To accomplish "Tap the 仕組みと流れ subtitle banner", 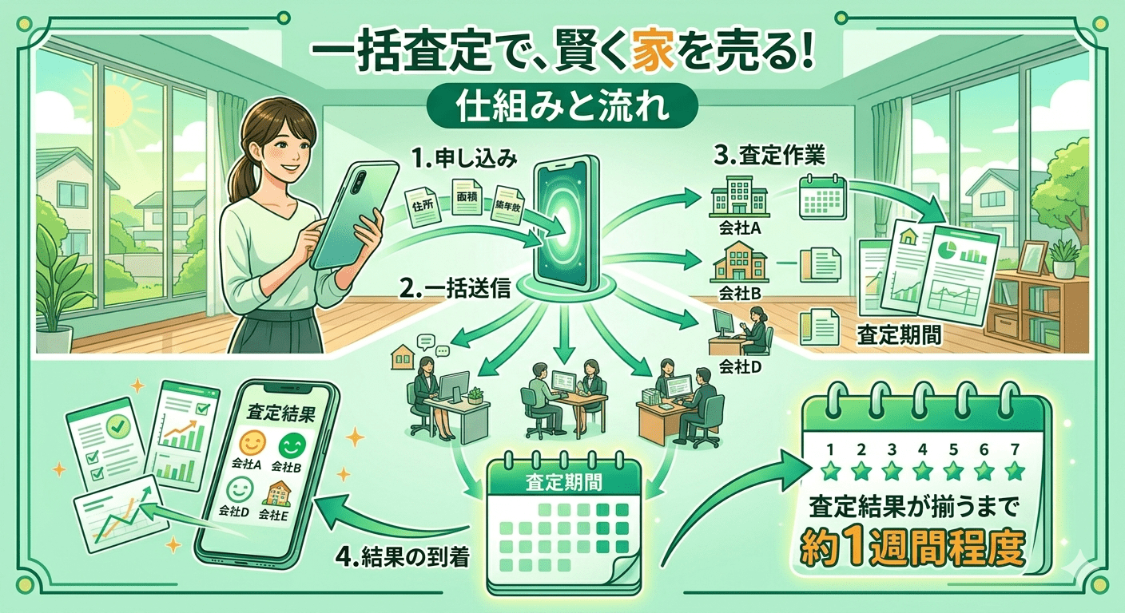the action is click(562, 106).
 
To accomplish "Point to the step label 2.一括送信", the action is click(456, 290).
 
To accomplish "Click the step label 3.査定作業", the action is click(769, 156).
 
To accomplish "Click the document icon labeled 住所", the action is click(423, 205).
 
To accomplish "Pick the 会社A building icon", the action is click(738, 197).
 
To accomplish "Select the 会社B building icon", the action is click(738, 262).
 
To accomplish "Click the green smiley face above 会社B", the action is click(292, 445).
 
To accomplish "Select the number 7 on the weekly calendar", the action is click(1015, 449).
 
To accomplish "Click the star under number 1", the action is click(830, 471).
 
